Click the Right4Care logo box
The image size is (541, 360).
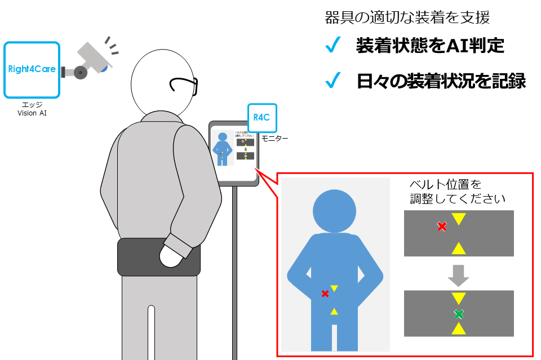coord(32,70)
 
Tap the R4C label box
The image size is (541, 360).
coord(262,118)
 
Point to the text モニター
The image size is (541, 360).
coord(275,138)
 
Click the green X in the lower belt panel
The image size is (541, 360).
coord(459,314)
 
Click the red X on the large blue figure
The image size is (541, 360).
coord(325,294)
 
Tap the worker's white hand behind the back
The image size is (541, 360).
coord(172,257)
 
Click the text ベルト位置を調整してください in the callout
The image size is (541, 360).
coord(457,192)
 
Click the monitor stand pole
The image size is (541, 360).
coord(234,270)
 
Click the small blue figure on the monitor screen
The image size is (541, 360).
coord(223,149)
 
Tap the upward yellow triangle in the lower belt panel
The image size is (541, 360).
coord(459,328)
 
